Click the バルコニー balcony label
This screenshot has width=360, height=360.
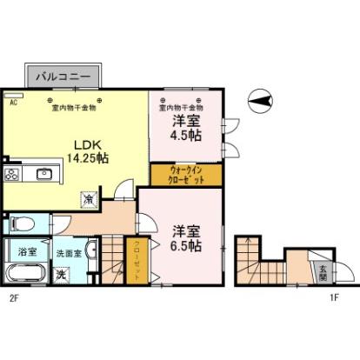(63, 77)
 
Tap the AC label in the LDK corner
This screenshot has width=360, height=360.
(14, 102)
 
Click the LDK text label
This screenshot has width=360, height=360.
(84, 144)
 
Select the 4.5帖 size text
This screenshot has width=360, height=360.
(186, 136)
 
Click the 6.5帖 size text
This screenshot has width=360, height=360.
(185, 246)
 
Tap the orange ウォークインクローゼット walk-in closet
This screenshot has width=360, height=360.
(187, 176)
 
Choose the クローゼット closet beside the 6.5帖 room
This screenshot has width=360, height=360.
(137, 258)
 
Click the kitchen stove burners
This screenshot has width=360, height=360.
(12, 174)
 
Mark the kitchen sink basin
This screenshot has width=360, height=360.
(43, 174)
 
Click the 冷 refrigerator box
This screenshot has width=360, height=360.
(89, 199)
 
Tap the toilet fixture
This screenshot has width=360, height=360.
(21, 223)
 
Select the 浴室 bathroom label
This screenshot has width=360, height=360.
(28, 251)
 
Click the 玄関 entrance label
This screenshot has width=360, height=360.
(322, 271)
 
